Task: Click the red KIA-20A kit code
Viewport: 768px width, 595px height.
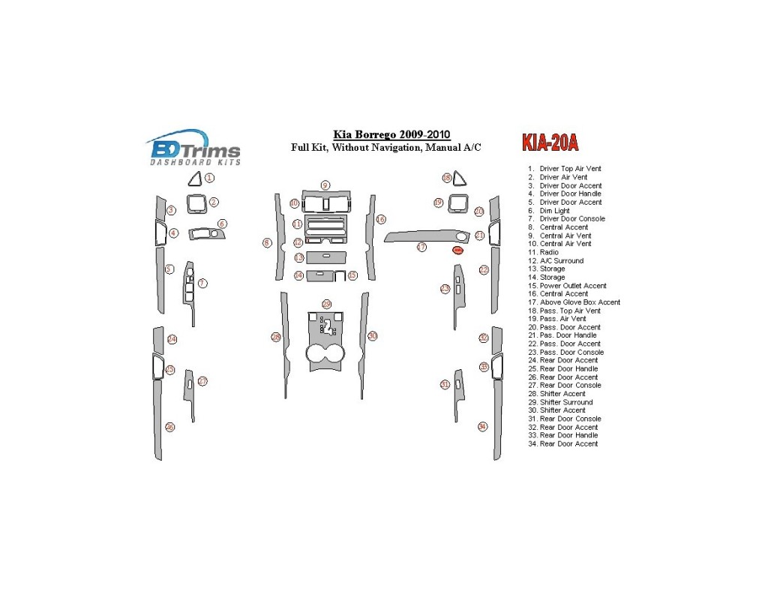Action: (550, 143)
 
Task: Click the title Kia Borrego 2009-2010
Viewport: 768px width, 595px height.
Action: (386, 135)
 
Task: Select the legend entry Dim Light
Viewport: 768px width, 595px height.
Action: (554, 211)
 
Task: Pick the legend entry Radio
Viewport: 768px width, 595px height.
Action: (549, 252)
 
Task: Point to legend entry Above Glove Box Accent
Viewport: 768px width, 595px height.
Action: (580, 302)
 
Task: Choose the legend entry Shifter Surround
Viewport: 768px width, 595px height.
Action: (565, 402)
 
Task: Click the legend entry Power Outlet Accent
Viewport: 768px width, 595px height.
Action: (573, 286)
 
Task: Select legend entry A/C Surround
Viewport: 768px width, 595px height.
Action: (561, 261)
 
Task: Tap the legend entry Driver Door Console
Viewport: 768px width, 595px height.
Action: (571, 219)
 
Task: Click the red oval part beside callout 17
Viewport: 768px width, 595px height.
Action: (457, 250)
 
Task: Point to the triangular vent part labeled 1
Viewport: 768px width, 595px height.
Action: (194, 179)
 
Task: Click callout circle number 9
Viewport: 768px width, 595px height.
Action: (325, 185)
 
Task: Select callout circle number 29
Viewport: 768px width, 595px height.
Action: (326, 304)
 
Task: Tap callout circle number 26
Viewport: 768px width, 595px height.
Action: (170, 427)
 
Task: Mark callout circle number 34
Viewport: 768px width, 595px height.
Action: (482, 426)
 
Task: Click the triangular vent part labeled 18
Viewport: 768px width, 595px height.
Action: (457, 179)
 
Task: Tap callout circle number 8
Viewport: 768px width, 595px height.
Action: (266, 242)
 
